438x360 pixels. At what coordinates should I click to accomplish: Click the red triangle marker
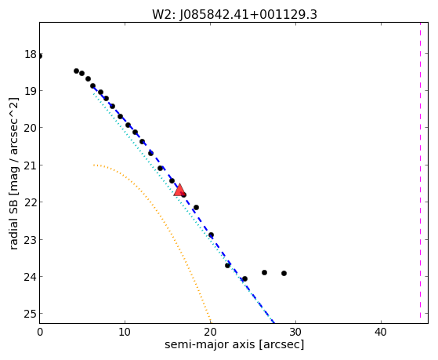click(x=179, y=190)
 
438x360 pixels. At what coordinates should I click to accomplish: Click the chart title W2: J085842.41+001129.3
click(x=234, y=15)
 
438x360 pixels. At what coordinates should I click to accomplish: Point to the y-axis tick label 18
click(x=31, y=54)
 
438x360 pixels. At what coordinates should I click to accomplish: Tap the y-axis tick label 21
click(x=31, y=165)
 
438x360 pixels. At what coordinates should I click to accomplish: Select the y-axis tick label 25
click(x=31, y=314)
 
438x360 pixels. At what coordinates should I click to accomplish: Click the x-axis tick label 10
click(x=125, y=332)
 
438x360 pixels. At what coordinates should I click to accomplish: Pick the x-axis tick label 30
click(x=295, y=332)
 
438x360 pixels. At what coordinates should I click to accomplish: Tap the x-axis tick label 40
click(x=381, y=332)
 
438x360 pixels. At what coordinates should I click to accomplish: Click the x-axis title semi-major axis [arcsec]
click(x=234, y=344)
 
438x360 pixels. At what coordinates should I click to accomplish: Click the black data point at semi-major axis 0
click(x=40, y=56)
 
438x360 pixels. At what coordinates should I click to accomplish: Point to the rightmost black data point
click(x=284, y=273)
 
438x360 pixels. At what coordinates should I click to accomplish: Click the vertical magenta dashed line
click(x=420, y=171)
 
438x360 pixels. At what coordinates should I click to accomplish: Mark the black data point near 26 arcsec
click(x=264, y=272)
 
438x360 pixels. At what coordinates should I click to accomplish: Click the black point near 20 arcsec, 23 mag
click(x=212, y=235)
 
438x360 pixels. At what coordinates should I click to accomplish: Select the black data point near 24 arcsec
click(x=244, y=279)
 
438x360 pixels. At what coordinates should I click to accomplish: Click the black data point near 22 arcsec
click(x=228, y=265)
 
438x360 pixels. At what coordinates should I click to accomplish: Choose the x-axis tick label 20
click(x=210, y=332)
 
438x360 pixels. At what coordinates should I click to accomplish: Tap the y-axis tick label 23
click(x=31, y=240)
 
